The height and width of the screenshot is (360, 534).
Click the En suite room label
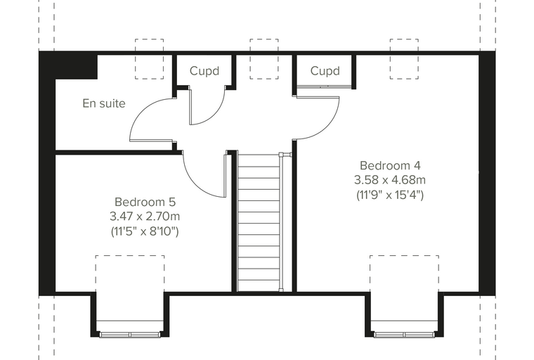click(x=104, y=103)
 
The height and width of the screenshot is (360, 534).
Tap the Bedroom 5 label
click(x=145, y=202)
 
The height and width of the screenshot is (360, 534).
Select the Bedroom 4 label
click(x=390, y=165)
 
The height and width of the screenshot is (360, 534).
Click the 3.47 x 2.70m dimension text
click(x=145, y=217)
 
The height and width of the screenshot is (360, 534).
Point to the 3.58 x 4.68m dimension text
click(x=390, y=180)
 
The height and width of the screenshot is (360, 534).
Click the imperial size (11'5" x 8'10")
click(x=145, y=231)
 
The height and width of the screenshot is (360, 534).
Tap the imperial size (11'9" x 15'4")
click(x=390, y=195)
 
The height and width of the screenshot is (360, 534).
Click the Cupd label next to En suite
click(x=204, y=71)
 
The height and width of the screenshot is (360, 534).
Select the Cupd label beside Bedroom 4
click(x=325, y=71)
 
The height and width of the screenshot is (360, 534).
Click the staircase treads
click(x=259, y=221)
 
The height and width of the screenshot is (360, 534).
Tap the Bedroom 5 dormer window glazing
click(x=130, y=335)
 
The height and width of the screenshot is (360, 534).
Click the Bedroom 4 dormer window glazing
click(x=404, y=335)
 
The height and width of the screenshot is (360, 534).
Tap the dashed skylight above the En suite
click(x=149, y=59)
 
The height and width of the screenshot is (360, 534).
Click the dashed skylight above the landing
click(x=264, y=59)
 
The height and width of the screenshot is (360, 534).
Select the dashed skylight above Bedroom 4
click(x=404, y=59)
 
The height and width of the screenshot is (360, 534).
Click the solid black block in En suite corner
click(x=77, y=67)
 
